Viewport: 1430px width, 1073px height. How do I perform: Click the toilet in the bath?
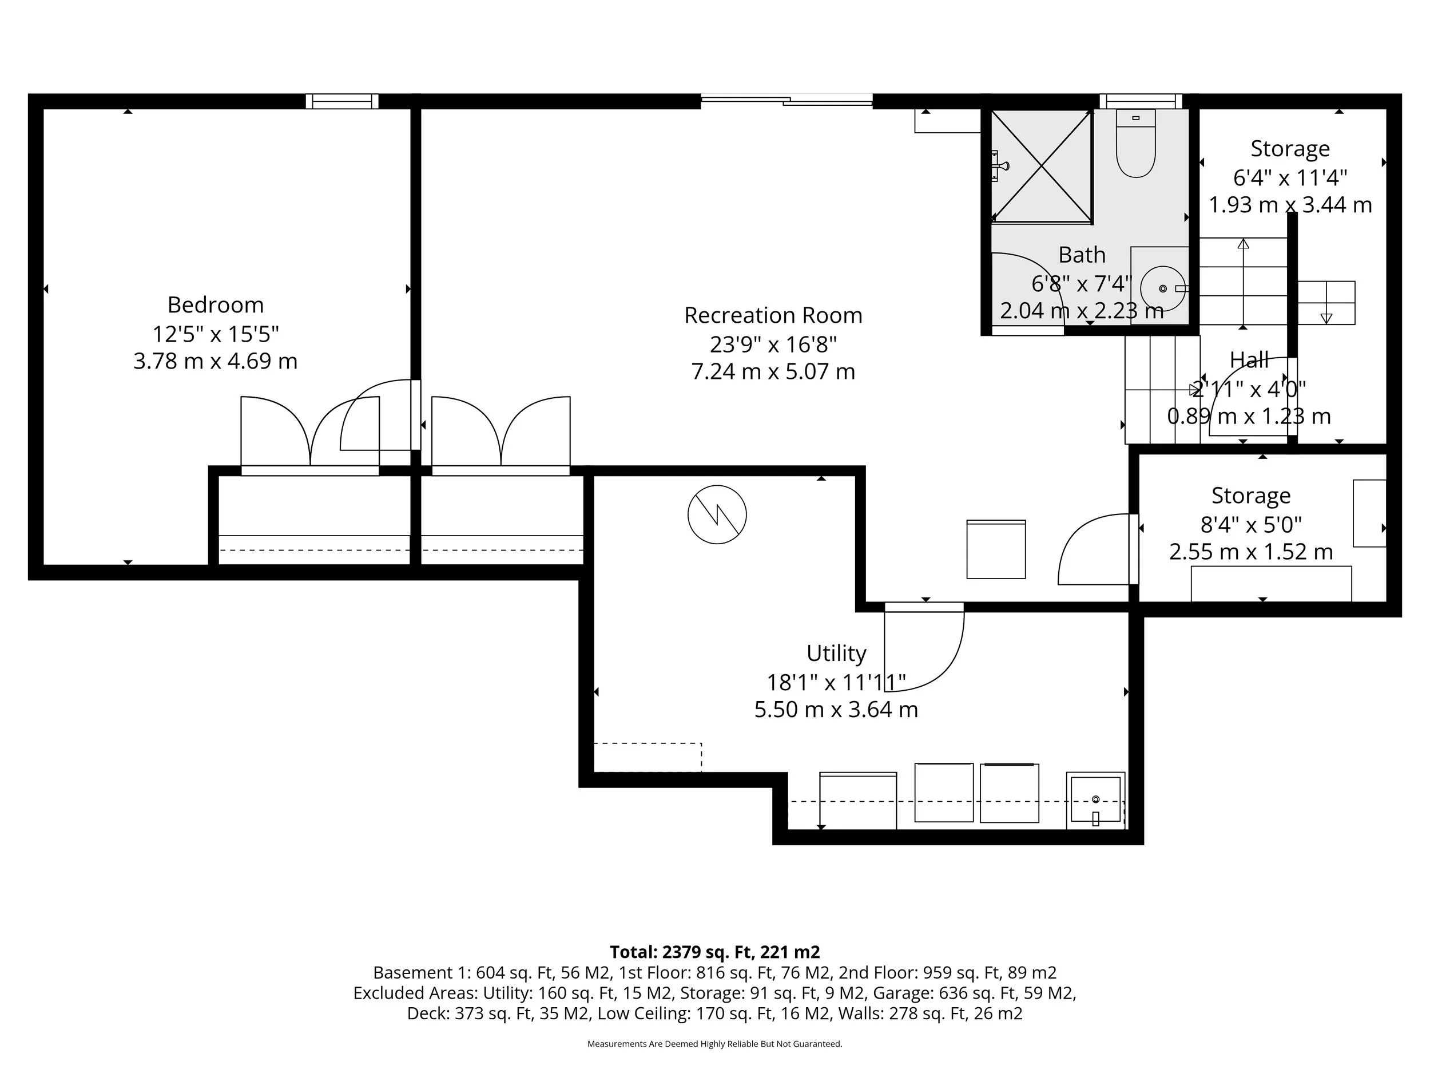(x=1136, y=145)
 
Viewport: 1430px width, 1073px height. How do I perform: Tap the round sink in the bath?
(x=1163, y=288)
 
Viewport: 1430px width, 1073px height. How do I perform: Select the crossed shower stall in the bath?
(x=1042, y=165)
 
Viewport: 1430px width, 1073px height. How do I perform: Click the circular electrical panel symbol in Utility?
(x=717, y=515)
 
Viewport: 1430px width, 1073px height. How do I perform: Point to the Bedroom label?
(x=215, y=304)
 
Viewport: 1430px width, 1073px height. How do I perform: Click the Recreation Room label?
(x=773, y=316)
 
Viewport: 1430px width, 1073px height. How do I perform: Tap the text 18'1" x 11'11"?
(x=836, y=682)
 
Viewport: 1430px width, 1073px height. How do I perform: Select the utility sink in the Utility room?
(x=1095, y=801)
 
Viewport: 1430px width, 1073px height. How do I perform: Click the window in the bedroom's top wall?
(x=342, y=101)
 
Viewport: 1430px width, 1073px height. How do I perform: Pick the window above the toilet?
(x=1141, y=101)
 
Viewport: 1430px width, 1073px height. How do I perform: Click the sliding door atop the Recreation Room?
(x=786, y=100)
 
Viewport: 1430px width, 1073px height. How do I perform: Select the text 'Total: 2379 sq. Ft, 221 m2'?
(x=714, y=952)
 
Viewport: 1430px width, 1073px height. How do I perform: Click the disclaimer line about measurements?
(x=714, y=1044)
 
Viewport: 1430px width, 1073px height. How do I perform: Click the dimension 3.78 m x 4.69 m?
(x=215, y=361)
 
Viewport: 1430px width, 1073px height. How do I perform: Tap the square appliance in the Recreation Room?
(x=996, y=549)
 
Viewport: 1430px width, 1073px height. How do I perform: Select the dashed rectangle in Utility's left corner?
(x=647, y=757)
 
